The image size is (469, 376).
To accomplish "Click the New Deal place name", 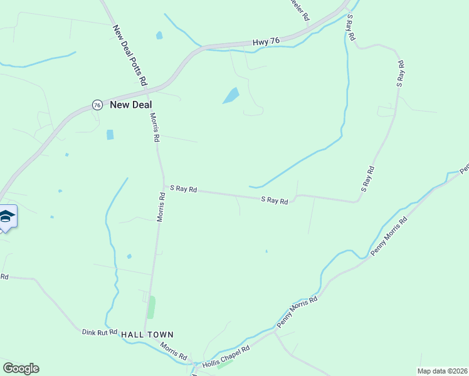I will point(131,105).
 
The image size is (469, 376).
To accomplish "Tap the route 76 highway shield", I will point(97,105).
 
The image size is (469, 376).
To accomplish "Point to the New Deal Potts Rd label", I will point(130,55).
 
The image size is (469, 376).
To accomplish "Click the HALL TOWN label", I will point(147,335).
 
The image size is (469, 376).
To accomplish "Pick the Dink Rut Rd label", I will point(100,332).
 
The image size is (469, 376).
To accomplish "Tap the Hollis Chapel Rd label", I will point(226,357).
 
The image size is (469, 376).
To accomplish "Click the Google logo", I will point(21,368).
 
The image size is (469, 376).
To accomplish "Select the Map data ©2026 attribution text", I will point(441,371).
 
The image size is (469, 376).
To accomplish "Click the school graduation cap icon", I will point(7,217).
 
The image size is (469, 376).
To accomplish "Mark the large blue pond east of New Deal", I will point(231,96).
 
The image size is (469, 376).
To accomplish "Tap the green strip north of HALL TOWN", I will point(151,307).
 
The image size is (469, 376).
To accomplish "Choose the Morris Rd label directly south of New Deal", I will point(155,127).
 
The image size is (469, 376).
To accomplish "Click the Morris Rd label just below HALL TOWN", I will point(173,351).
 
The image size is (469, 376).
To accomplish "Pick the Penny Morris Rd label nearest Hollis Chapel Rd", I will point(297,313).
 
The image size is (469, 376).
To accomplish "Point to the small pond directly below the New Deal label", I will point(110,134).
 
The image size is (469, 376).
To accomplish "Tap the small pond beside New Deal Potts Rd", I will point(159,36).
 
